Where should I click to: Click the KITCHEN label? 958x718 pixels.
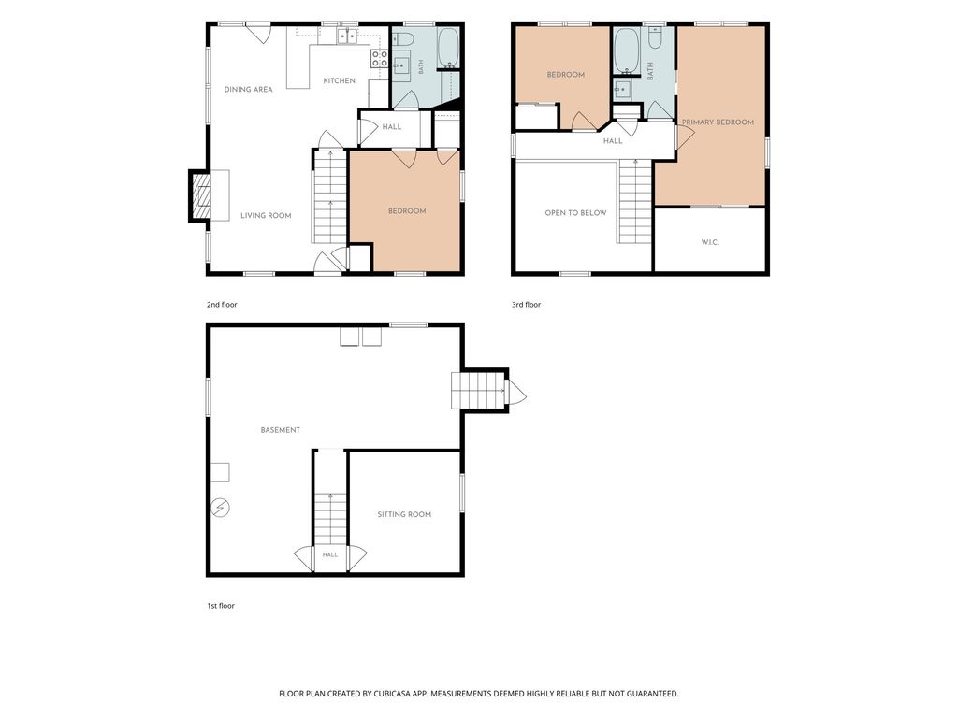[339, 80]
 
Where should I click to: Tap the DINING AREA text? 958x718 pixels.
[248, 89]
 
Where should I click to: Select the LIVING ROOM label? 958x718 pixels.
[266, 216]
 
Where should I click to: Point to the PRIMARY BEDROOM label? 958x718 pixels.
[718, 122]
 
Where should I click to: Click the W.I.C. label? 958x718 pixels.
[710, 242]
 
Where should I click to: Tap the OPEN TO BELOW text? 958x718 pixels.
[575, 213]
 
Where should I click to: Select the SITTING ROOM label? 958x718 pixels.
[404, 515]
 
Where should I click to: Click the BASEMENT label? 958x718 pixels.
[281, 430]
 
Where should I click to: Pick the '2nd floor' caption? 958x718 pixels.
[222, 305]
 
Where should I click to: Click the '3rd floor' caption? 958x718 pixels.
[527, 305]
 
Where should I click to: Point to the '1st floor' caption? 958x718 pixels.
[221, 606]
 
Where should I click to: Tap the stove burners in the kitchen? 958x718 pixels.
[379, 59]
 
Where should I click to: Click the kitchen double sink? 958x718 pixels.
[348, 36]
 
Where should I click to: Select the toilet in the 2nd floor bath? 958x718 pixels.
[403, 39]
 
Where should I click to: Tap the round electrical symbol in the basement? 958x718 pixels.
[221, 508]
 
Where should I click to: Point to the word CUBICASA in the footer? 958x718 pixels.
[399, 694]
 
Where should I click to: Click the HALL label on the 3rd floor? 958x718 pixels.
[613, 141]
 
